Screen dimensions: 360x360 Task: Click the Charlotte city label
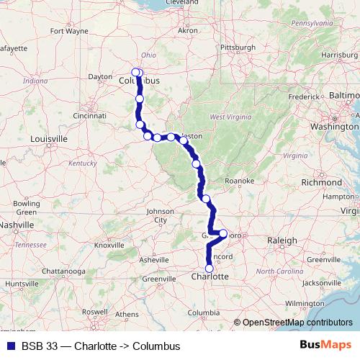tap(210, 276)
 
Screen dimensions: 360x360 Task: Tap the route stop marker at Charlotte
tap(210, 269)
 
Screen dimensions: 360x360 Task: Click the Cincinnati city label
tap(90, 115)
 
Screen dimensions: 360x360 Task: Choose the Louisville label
tap(48, 138)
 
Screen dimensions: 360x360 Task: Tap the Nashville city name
tap(16, 225)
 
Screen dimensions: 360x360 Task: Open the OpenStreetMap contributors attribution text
tap(297, 323)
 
